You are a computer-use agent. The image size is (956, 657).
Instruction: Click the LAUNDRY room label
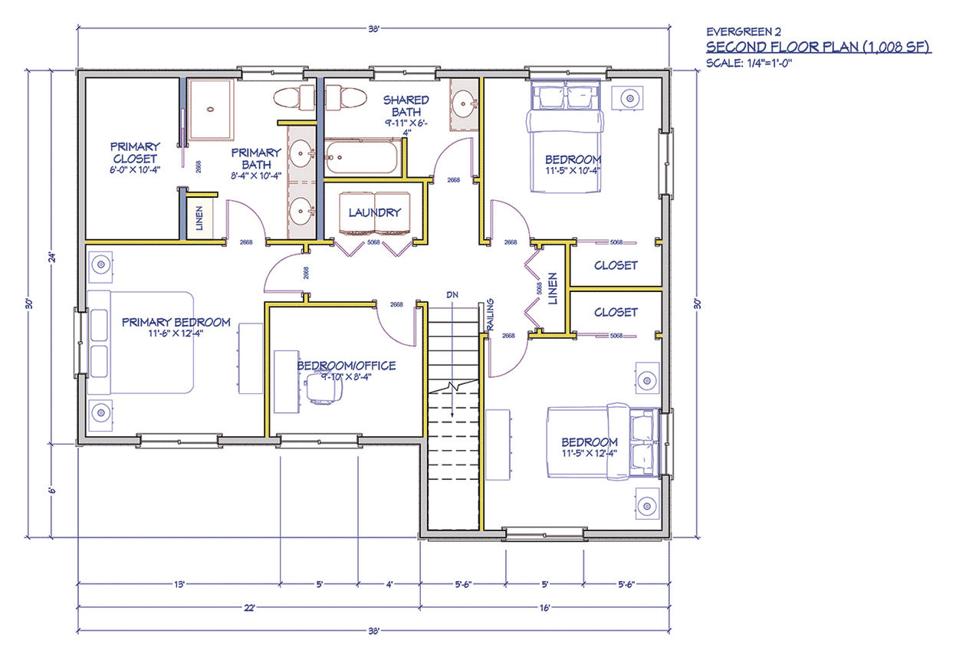point(375,212)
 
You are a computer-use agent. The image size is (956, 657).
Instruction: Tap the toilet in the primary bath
point(294,98)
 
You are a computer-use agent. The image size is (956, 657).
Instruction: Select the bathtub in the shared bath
point(363,157)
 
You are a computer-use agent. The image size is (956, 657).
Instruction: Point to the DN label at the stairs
point(452,294)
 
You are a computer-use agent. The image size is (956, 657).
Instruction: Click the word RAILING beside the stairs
point(491,314)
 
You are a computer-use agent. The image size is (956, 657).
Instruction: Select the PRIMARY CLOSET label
point(135,153)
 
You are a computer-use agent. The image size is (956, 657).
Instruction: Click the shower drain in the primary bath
point(210,110)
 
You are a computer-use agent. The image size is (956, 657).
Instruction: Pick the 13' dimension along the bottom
point(179,584)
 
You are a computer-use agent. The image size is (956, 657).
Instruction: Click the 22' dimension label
point(249,607)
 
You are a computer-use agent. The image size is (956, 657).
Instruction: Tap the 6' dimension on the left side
point(52,490)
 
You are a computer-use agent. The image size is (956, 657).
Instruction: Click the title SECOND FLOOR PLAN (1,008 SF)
point(819,47)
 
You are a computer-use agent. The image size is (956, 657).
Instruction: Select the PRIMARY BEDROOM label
point(176,322)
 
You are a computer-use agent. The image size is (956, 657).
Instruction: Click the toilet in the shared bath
point(346,98)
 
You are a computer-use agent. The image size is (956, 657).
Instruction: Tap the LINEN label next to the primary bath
point(199,218)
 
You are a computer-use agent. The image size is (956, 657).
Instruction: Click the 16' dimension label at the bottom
point(544,607)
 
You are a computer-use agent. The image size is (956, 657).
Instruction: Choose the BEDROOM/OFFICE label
point(346,366)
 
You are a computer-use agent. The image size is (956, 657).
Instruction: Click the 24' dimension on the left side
point(52,258)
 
